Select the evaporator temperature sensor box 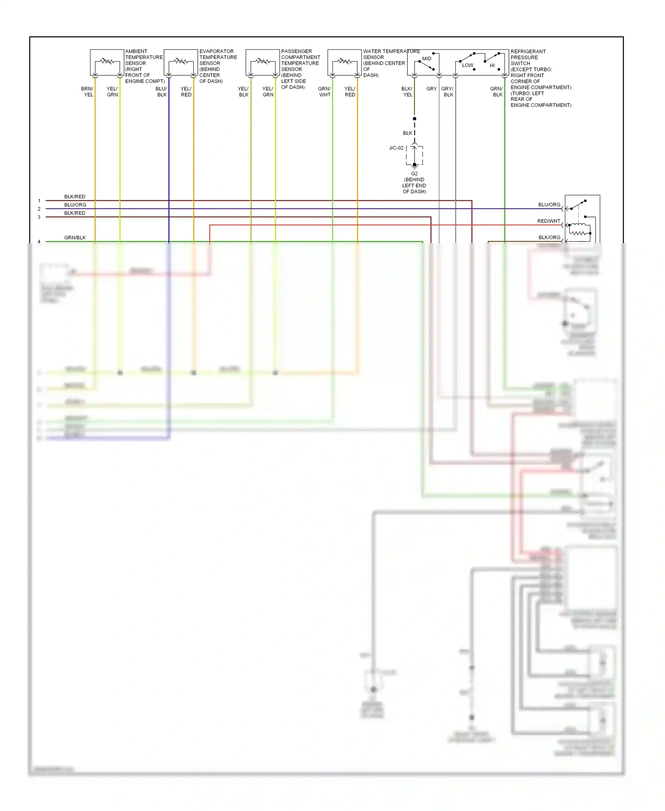tap(181, 63)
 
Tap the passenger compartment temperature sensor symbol tap(262, 63)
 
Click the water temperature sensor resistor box tap(344, 63)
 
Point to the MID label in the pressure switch tap(426, 59)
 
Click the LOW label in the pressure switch tap(467, 65)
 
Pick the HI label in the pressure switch tap(492, 66)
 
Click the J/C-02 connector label tap(396, 148)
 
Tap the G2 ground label tap(414, 174)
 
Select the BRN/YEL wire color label tap(87, 92)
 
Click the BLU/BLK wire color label tap(161, 92)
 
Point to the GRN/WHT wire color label tap(325, 92)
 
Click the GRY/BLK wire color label tap(448, 92)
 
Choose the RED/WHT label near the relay tap(548, 221)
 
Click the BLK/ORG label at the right tap(549, 237)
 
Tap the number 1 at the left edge tap(39, 201)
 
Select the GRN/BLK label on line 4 tap(75, 238)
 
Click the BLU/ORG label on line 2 tap(75, 205)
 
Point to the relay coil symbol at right tap(579, 230)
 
